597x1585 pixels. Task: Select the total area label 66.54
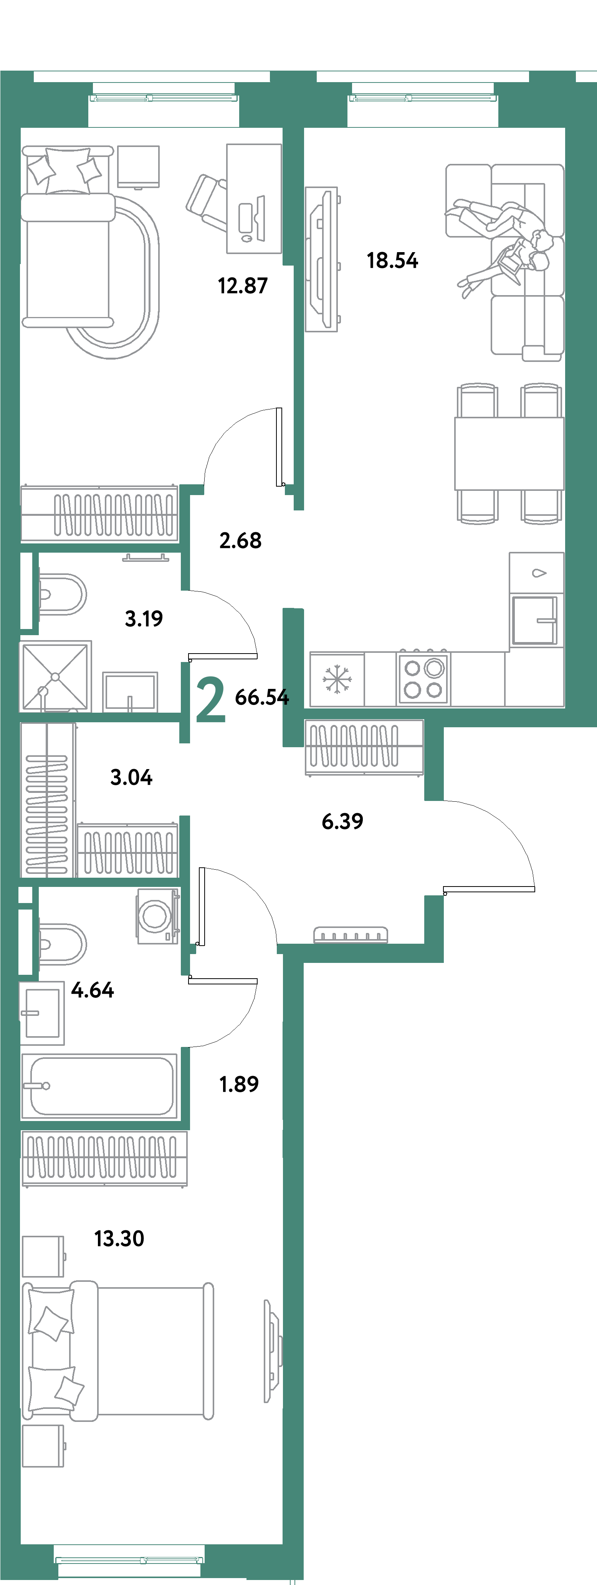[x=261, y=697]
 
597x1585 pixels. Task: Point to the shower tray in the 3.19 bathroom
[x=55, y=676]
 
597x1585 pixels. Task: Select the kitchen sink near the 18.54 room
[x=534, y=620]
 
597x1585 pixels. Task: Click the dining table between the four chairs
[x=509, y=454]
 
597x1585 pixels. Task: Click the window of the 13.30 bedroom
[x=129, y=1560]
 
